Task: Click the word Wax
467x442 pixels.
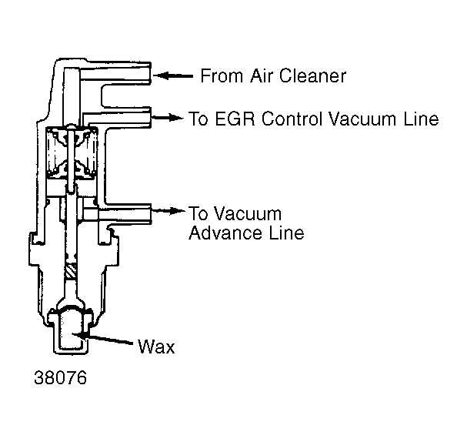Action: click(x=156, y=347)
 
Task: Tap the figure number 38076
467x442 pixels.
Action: click(x=61, y=377)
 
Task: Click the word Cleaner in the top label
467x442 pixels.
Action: click(x=312, y=75)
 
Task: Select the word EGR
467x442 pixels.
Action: click(x=235, y=119)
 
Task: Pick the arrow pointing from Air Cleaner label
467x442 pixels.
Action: click(x=173, y=75)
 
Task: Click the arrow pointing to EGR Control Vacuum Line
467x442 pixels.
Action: click(x=167, y=117)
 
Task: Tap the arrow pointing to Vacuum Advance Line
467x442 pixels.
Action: click(x=168, y=211)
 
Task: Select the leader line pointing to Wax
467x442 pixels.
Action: click(x=103, y=339)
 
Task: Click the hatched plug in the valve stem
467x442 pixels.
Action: click(x=71, y=271)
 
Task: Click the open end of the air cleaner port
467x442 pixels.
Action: click(x=151, y=73)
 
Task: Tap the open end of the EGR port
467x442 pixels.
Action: click(x=151, y=117)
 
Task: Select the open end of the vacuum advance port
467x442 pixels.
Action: click(x=151, y=214)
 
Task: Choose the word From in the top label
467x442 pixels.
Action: click(x=222, y=75)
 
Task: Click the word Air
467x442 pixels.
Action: click(x=262, y=75)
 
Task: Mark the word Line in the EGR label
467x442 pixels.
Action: click(x=421, y=119)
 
